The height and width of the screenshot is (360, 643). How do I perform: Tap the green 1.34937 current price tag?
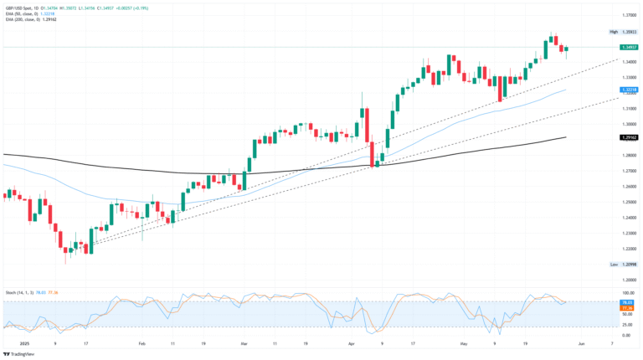click(x=629, y=47)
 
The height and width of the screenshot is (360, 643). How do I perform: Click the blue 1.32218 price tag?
click(x=629, y=89)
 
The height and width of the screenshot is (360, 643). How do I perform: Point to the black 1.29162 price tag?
click(x=629, y=136)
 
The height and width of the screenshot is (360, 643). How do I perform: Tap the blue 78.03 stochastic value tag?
click(x=629, y=302)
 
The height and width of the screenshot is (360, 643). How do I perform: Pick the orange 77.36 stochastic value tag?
click(x=629, y=307)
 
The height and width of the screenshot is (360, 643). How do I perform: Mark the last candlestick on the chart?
click(x=567, y=49)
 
